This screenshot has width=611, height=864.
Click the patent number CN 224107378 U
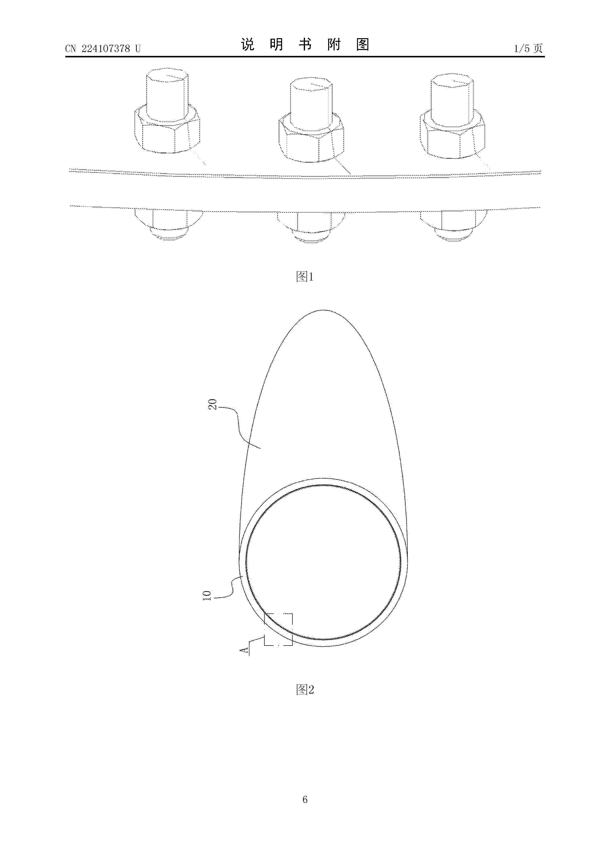click(x=103, y=49)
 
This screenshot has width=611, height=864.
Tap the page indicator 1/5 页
click(x=528, y=48)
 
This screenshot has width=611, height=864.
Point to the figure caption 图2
click(x=305, y=689)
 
